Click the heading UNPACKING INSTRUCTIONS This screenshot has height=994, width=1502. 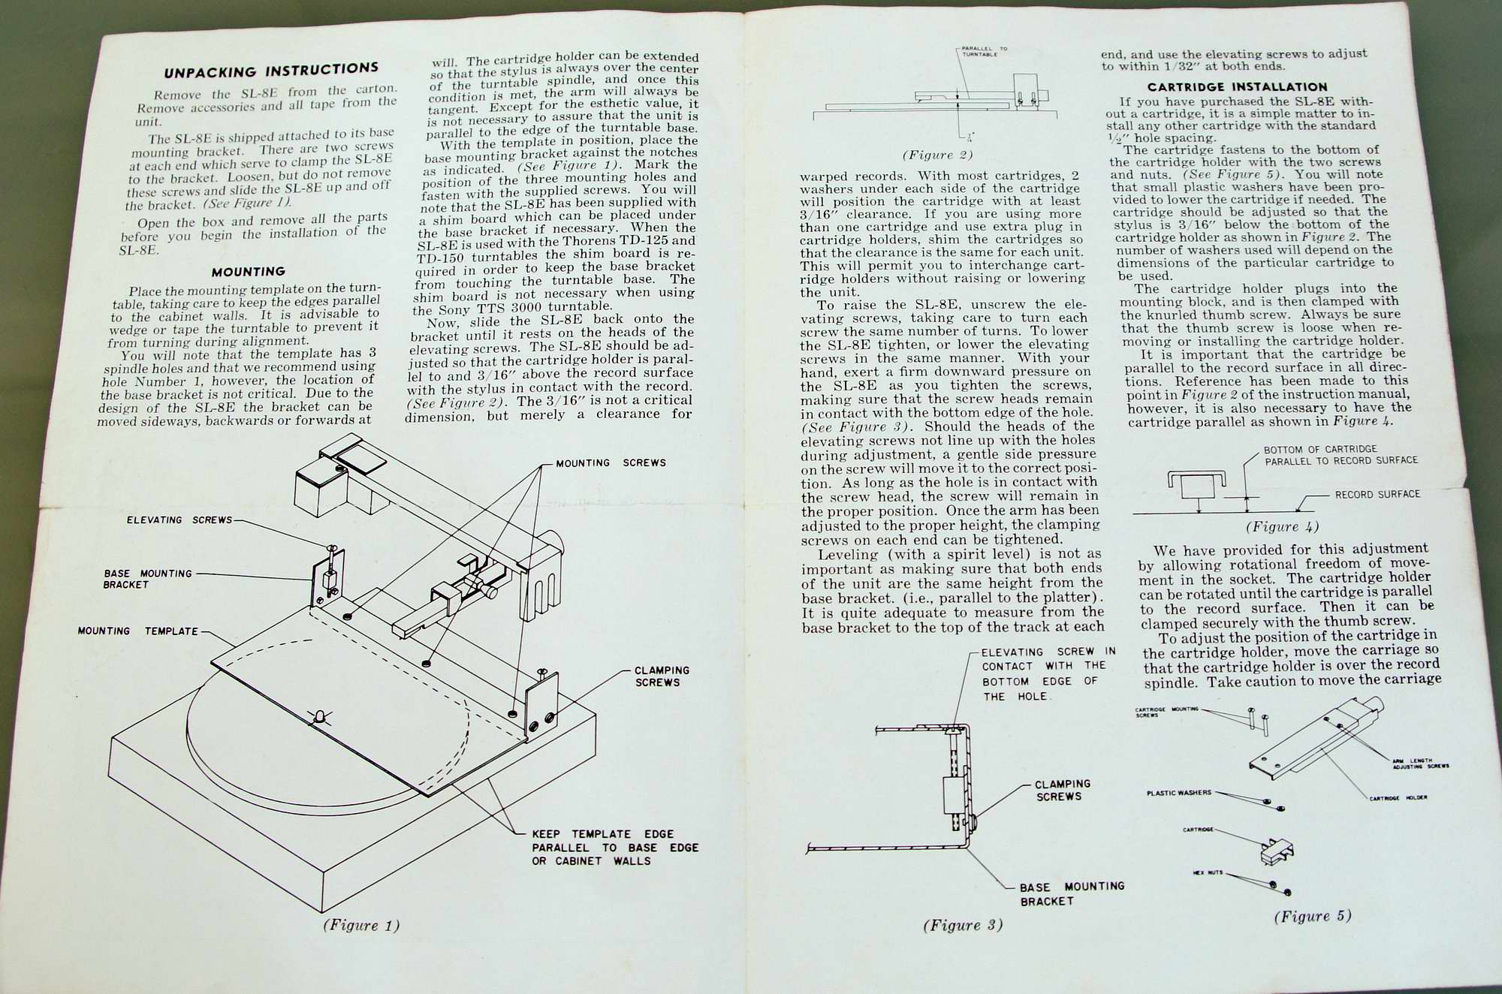[271, 71]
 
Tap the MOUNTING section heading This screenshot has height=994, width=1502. [248, 272]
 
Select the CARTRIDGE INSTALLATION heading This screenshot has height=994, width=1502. [1237, 87]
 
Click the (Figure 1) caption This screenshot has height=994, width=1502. [360, 925]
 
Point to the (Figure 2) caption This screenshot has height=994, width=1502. [937, 155]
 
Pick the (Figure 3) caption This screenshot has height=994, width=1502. [963, 925]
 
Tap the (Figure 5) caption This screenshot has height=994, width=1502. [1312, 916]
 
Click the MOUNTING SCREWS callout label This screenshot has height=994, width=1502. [611, 463]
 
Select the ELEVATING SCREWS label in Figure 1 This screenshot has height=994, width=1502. [179, 520]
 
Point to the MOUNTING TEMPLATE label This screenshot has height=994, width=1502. [137, 631]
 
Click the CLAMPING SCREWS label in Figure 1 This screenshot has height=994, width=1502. [662, 676]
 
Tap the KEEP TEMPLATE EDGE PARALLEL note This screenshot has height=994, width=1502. [614, 848]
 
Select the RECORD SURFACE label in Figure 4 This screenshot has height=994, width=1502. [1377, 495]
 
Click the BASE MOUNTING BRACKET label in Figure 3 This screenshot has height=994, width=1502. [1071, 893]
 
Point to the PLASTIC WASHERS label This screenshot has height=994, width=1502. [1178, 793]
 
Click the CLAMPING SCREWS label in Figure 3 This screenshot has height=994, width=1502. [1062, 791]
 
